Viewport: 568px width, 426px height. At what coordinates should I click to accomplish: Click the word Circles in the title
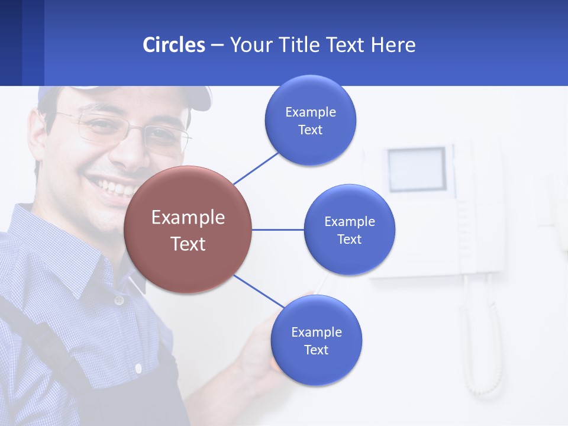pos(173,45)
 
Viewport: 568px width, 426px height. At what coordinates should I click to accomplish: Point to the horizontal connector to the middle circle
pos(277,230)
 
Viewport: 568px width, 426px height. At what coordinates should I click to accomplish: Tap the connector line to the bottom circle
pos(258,291)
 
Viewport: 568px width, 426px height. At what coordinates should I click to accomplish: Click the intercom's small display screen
pos(417,169)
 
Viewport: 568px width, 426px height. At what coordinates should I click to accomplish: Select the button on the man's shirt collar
pos(119,300)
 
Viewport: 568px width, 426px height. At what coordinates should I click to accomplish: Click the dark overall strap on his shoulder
pos(35,331)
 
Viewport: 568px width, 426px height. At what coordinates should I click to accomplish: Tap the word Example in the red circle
pos(188,218)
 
